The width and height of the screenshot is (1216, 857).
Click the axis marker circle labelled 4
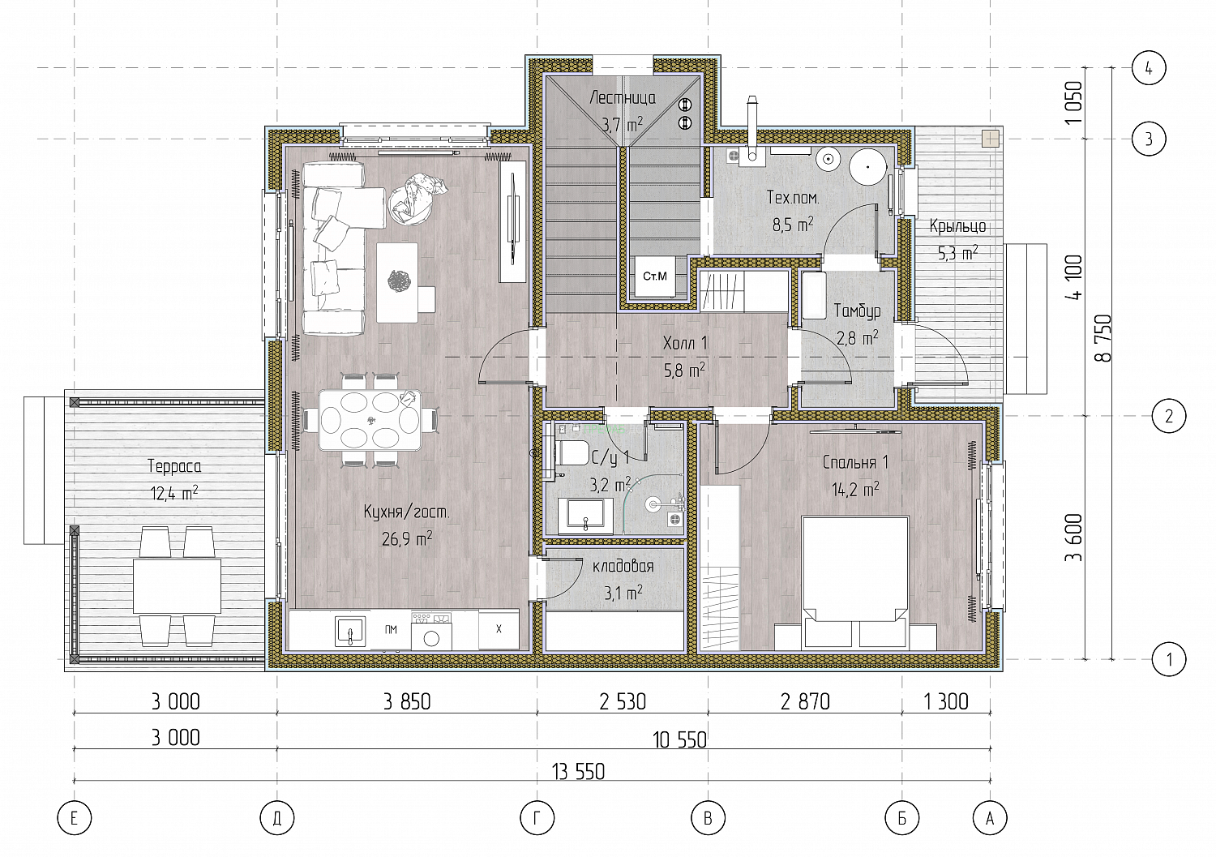tap(1149, 68)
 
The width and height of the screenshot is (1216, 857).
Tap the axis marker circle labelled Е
tap(75, 818)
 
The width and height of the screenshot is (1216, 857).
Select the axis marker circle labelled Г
tap(537, 818)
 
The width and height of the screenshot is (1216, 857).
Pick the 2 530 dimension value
tap(623, 701)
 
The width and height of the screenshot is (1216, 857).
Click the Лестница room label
tap(623, 98)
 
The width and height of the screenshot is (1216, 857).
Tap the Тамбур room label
tap(857, 311)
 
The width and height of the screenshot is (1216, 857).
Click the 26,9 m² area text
tap(407, 538)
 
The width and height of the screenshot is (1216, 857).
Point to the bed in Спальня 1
tap(855, 582)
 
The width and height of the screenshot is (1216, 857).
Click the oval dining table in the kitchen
tap(370, 420)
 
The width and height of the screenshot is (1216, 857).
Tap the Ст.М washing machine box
tap(655, 276)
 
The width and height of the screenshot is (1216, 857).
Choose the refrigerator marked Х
tap(499, 629)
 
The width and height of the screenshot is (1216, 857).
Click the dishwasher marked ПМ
tap(390, 629)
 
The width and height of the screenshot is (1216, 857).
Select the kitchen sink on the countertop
tap(350, 631)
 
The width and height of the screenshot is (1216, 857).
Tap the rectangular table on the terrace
tap(177, 586)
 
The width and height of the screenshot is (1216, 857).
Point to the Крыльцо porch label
tap(957, 226)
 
